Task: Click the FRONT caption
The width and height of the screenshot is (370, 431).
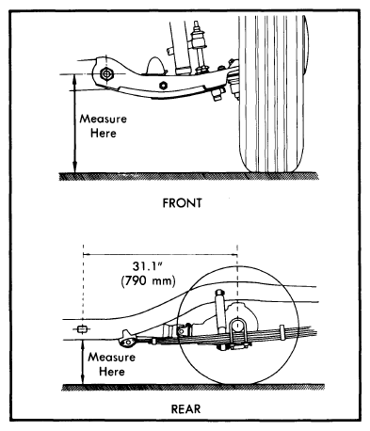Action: tap(182, 203)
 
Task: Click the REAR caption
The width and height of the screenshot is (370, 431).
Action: tap(185, 409)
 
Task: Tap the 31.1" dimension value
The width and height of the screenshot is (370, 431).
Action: tap(147, 266)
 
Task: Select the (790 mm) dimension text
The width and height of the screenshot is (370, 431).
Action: tap(148, 280)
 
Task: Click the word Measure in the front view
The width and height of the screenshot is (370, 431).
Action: tap(103, 119)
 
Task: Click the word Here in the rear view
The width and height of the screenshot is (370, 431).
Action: tap(112, 372)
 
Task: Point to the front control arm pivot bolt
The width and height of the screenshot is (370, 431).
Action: tap(106, 74)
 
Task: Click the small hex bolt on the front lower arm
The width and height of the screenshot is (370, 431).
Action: tap(163, 86)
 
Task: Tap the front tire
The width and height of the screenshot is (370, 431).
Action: tap(271, 94)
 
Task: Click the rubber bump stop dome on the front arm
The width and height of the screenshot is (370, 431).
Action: tap(155, 66)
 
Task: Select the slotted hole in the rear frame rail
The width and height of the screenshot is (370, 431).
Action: tap(83, 329)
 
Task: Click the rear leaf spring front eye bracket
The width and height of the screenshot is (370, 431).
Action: tap(128, 339)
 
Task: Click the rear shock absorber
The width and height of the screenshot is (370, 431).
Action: tap(219, 313)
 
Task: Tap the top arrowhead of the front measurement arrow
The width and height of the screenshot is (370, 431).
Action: tap(74, 78)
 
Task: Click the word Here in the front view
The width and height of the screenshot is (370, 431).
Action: tap(104, 134)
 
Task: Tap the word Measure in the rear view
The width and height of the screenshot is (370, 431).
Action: tap(111, 358)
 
